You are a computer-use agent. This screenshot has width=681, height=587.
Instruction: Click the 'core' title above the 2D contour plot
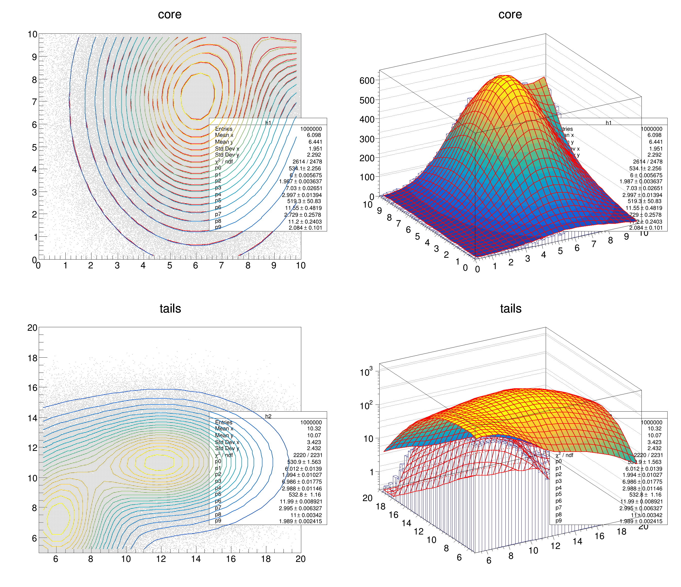(x=169, y=14)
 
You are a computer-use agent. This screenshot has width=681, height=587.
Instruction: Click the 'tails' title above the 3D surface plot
(x=510, y=308)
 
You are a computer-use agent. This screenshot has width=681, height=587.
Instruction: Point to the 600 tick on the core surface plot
(x=367, y=81)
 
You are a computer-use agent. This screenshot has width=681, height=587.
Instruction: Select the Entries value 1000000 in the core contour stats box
(x=311, y=129)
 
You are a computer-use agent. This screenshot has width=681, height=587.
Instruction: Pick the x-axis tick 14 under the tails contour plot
(x=196, y=559)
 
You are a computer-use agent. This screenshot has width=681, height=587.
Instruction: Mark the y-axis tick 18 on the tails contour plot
(x=32, y=358)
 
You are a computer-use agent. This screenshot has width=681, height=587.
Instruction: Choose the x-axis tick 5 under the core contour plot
(x=169, y=266)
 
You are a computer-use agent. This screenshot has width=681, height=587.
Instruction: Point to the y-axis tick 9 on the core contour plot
(x=34, y=57)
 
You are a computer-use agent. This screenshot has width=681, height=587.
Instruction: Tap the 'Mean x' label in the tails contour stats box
(x=224, y=429)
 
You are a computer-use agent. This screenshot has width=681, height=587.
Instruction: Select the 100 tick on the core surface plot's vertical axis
(x=367, y=177)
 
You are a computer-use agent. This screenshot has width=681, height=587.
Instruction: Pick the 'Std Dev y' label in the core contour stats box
(x=227, y=155)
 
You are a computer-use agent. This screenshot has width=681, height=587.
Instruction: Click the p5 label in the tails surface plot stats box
(x=558, y=494)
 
